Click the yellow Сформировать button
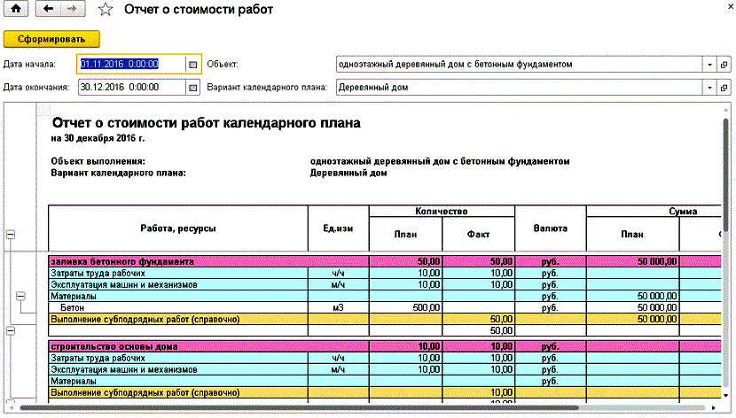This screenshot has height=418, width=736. (51, 39)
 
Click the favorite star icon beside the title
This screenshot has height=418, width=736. (106, 10)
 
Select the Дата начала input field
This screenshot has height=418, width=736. (130, 65)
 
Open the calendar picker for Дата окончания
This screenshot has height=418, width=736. (192, 88)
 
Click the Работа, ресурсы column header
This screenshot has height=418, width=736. (177, 228)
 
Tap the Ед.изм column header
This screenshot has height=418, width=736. (338, 228)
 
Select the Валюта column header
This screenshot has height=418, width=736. (550, 228)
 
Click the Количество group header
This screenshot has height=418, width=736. (441, 213)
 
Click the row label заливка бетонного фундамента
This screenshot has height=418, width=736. (121, 262)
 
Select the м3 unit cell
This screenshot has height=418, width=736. (338, 306)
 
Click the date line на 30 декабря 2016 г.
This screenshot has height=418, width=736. (98, 139)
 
